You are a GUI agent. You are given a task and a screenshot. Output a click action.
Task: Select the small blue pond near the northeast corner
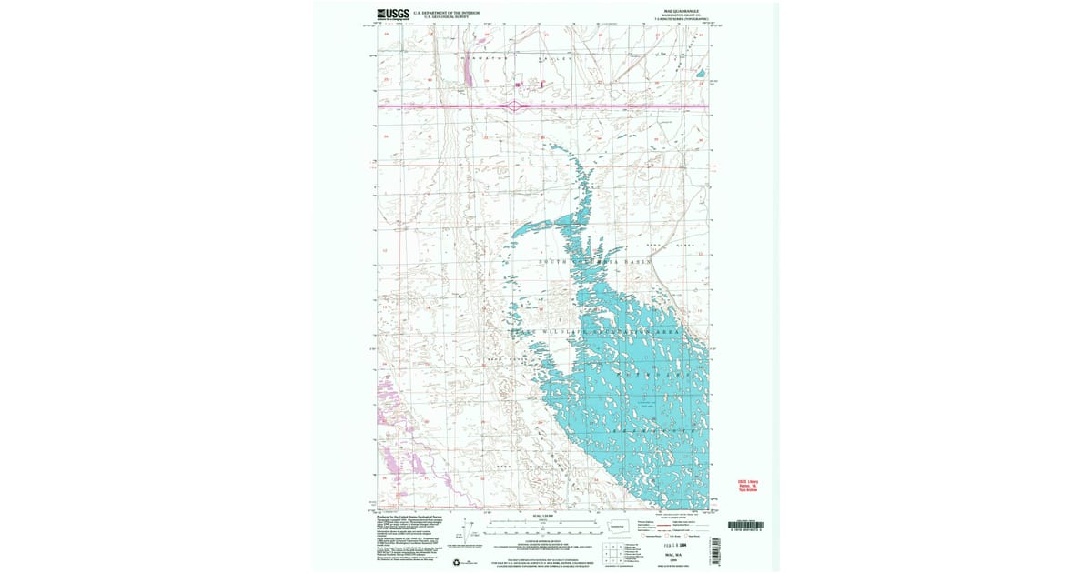(701, 73)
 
